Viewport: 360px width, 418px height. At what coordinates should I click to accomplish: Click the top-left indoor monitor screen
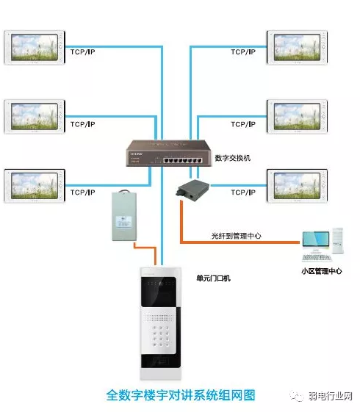click(x=33, y=47)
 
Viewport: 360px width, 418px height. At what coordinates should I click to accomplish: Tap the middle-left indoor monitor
click(x=33, y=116)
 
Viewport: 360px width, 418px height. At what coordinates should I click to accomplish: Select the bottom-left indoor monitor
click(x=33, y=185)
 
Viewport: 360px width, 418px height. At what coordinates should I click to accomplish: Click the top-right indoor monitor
click(x=297, y=47)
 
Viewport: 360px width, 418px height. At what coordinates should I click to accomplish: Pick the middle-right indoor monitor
click(x=297, y=116)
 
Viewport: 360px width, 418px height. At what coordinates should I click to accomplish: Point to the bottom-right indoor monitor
click(x=297, y=185)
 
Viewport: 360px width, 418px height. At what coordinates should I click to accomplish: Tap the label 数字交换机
click(x=234, y=158)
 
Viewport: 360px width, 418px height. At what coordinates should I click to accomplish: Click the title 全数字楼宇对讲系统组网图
click(x=181, y=395)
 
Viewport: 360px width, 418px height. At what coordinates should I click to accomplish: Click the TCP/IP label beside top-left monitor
click(x=82, y=51)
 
